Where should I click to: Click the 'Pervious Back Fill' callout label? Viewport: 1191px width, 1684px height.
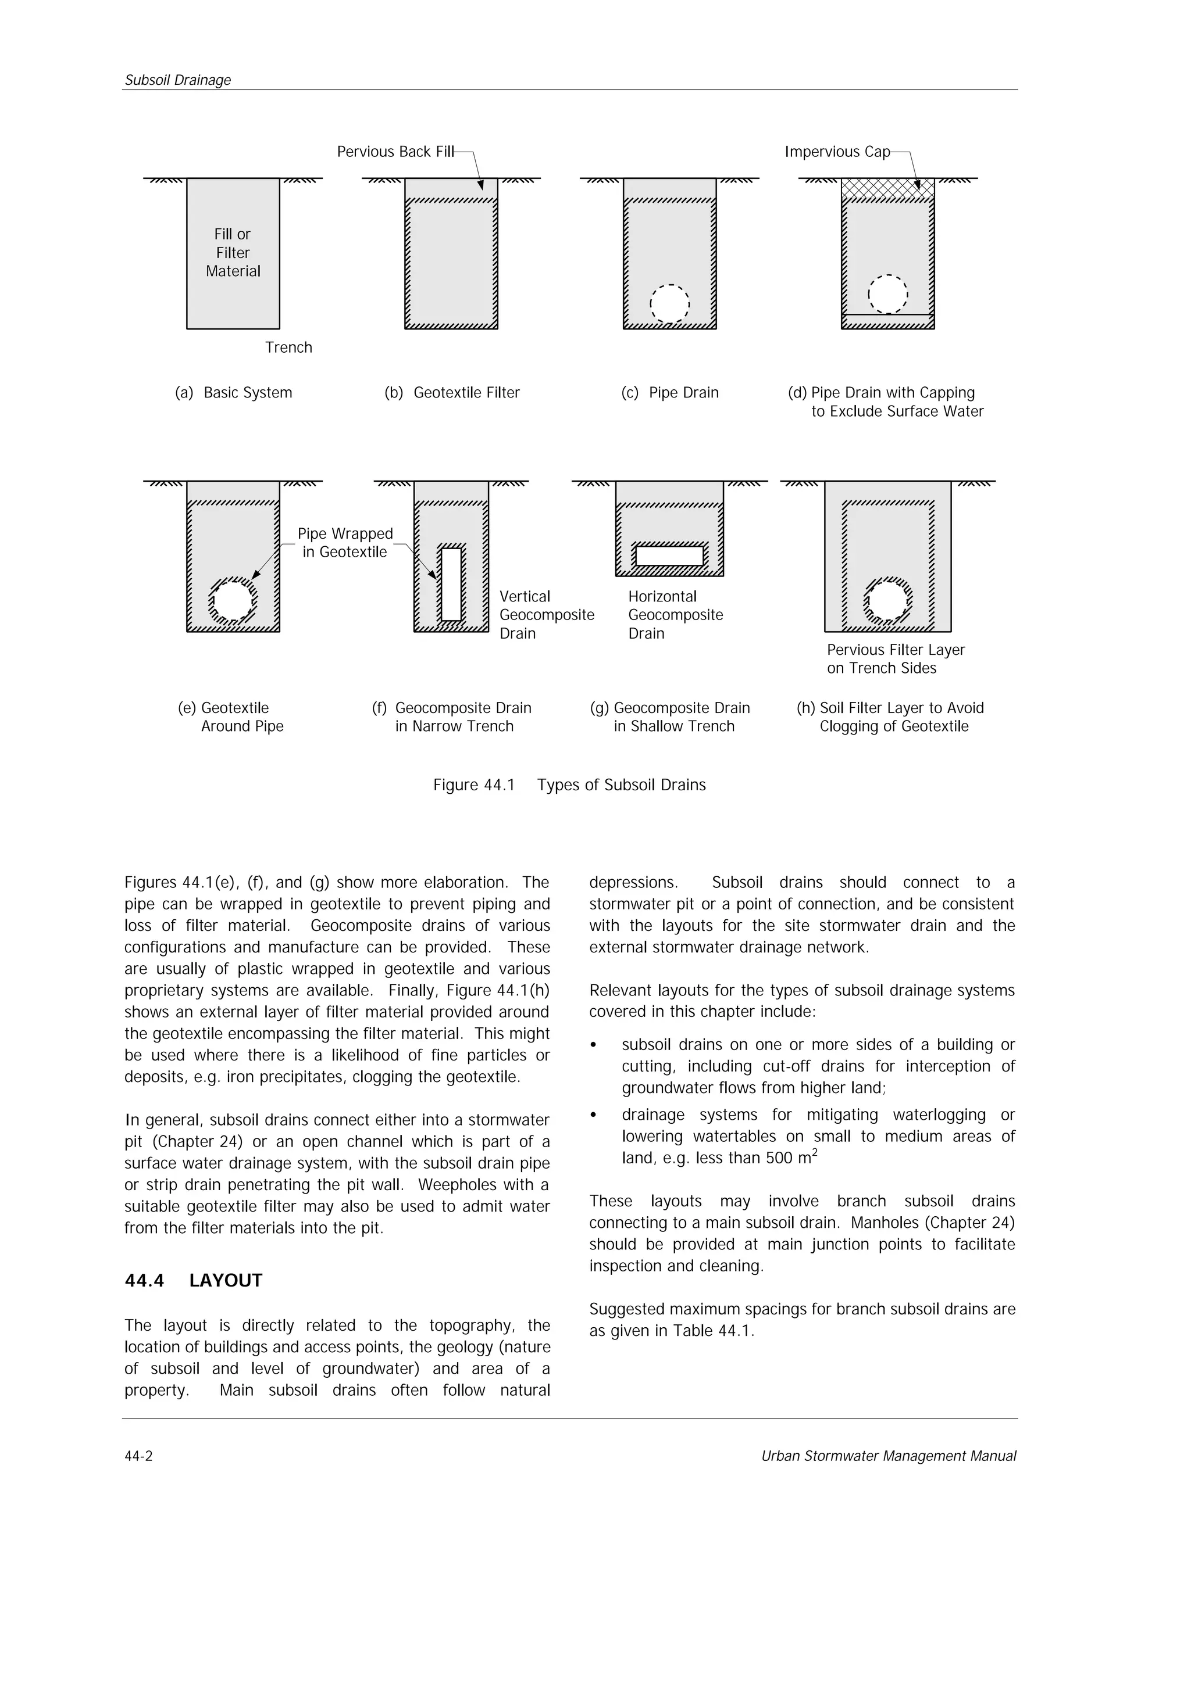395,152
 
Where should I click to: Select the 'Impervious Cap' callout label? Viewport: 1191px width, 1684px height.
837,152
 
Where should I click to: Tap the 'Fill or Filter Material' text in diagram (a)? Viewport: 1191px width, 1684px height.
233,253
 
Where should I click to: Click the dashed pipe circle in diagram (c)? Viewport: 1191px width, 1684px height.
669,303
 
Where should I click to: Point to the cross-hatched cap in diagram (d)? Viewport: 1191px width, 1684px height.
887,189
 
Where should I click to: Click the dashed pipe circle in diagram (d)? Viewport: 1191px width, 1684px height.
887,294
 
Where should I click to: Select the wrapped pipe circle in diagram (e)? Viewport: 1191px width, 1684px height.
233,601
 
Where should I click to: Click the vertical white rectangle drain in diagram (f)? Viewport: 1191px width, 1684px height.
451,585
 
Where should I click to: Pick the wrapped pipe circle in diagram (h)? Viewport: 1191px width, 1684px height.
887,601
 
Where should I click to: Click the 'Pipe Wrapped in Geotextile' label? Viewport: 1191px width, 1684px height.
345,543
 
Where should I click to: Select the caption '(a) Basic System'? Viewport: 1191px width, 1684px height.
233,393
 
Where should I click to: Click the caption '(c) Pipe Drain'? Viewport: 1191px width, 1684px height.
669,393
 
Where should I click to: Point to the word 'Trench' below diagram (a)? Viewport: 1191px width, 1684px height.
288,347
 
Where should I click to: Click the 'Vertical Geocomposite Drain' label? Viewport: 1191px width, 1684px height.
546,615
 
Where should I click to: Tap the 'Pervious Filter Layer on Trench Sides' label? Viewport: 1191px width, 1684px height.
895,658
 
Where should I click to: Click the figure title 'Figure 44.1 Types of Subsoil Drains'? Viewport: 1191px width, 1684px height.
569,785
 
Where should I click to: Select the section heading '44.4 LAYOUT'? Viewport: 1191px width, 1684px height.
193,1281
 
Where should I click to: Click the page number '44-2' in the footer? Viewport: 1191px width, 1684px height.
138,1456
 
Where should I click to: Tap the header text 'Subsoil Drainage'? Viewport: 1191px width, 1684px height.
177,80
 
